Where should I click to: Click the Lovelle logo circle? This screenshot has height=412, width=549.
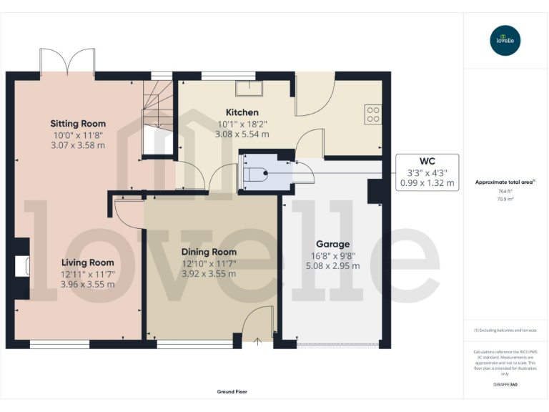(x=506, y=41)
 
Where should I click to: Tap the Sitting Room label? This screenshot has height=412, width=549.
(x=78, y=124)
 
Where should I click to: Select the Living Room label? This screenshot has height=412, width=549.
(x=87, y=263)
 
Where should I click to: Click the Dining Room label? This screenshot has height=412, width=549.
(x=209, y=252)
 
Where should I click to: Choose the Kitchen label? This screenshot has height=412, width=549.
(x=242, y=112)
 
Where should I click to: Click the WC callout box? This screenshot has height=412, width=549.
(x=427, y=172)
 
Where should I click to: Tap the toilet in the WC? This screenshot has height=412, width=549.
(x=254, y=173)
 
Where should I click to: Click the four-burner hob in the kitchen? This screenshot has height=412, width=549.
(x=372, y=114)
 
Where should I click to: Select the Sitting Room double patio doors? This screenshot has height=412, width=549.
(x=68, y=64)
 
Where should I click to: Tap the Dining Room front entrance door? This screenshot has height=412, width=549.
(x=257, y=330)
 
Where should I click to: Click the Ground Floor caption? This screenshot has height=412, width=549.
(x=232, y=392)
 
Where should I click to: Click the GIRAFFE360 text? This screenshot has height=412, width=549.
(x=505, y=385)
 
